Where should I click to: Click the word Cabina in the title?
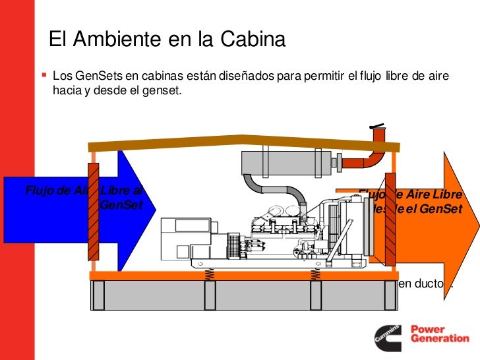coord(251,40)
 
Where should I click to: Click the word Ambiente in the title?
coord(117,40)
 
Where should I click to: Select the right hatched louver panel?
coord(390,218)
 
